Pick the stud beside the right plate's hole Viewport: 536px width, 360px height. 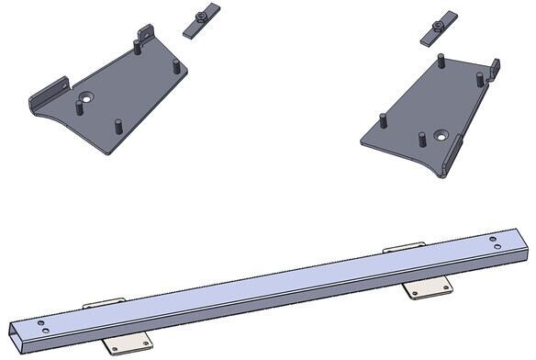tap(421, 141)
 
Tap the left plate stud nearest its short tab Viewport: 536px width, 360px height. tap(140, 47)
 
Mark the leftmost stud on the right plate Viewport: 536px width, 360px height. tap(382, 121)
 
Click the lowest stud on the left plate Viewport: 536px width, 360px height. tap(117, 126)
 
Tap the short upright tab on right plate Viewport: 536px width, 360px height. tap(495, 69)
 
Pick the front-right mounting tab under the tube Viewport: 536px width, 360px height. tap(429, 288)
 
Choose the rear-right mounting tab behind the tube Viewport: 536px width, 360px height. tap(404, 248)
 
